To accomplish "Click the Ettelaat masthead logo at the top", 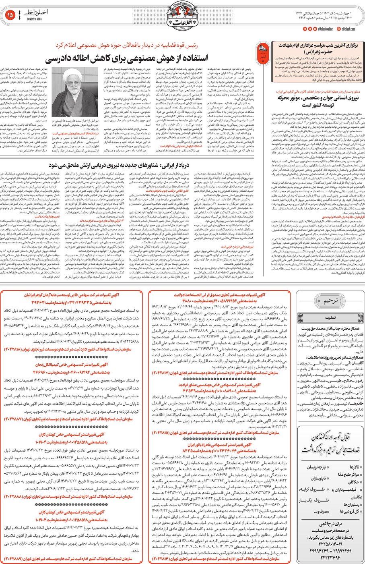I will (x=183, y=16).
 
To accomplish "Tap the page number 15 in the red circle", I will (x=10, y=15).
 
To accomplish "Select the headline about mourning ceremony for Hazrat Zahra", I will (x=319, y=49).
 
